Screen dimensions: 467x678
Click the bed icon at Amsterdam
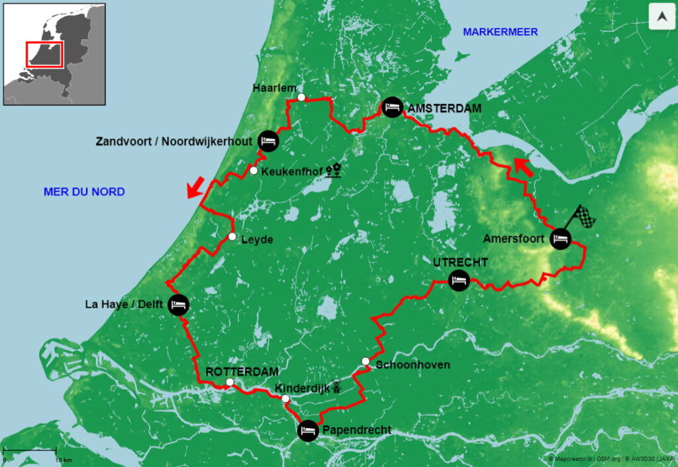point(393,106)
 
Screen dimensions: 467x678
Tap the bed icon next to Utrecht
point(459,280)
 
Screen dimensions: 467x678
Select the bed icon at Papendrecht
point(308,430)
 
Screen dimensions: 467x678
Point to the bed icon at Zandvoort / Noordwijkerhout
point(268,140)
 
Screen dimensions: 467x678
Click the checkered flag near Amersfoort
point(583,216)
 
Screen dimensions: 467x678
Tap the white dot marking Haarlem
point(301,97)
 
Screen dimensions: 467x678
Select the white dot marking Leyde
point(232,237)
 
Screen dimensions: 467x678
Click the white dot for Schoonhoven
point(365,361)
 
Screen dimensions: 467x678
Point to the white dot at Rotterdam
point(229,383)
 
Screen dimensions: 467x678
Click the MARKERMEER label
point(500,32)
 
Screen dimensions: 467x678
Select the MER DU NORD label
point(84,192)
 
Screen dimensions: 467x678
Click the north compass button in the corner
point(661,17)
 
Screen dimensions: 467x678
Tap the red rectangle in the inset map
point(45,54)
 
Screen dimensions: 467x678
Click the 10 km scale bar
point(30,452)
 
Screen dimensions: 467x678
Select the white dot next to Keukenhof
point(254,171)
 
